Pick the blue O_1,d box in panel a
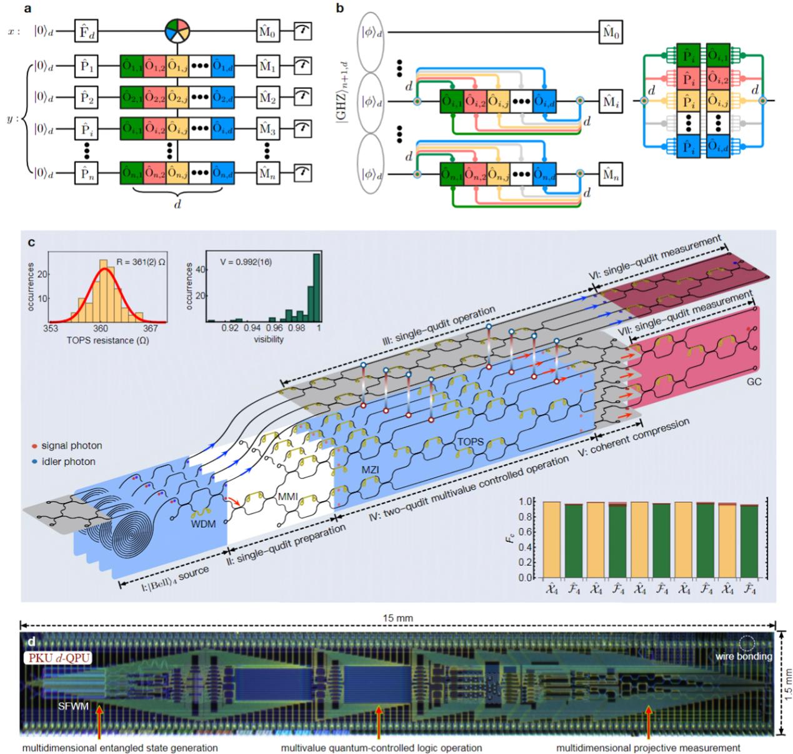223,64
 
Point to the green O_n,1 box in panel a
131,172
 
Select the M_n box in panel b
611,174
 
